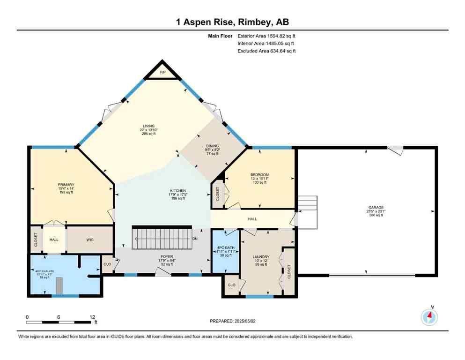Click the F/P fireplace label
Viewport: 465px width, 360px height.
coord(162,73)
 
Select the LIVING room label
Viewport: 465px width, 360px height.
coord(149,126)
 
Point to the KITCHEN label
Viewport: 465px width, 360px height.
coord(177,191)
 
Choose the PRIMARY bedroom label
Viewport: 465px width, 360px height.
coord(66,185)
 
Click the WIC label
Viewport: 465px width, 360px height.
coord(90,240)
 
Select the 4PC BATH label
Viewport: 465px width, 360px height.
coord(222,248)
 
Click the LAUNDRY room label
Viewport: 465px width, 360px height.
coord(261,257)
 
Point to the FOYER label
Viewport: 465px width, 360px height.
coord(166,257)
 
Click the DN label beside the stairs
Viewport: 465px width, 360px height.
coord(195,239)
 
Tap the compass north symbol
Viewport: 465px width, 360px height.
coord(429,316)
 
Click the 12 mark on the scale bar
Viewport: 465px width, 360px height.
coord(92,317)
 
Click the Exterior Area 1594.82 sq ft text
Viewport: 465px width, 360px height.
coord(266,36)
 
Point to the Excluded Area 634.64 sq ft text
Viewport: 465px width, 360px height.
coord(266,51)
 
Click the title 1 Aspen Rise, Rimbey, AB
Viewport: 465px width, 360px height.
coord(232,22)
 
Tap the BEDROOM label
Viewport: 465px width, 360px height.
coord(259,175)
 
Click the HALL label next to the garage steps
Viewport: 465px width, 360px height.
coord(252,219)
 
